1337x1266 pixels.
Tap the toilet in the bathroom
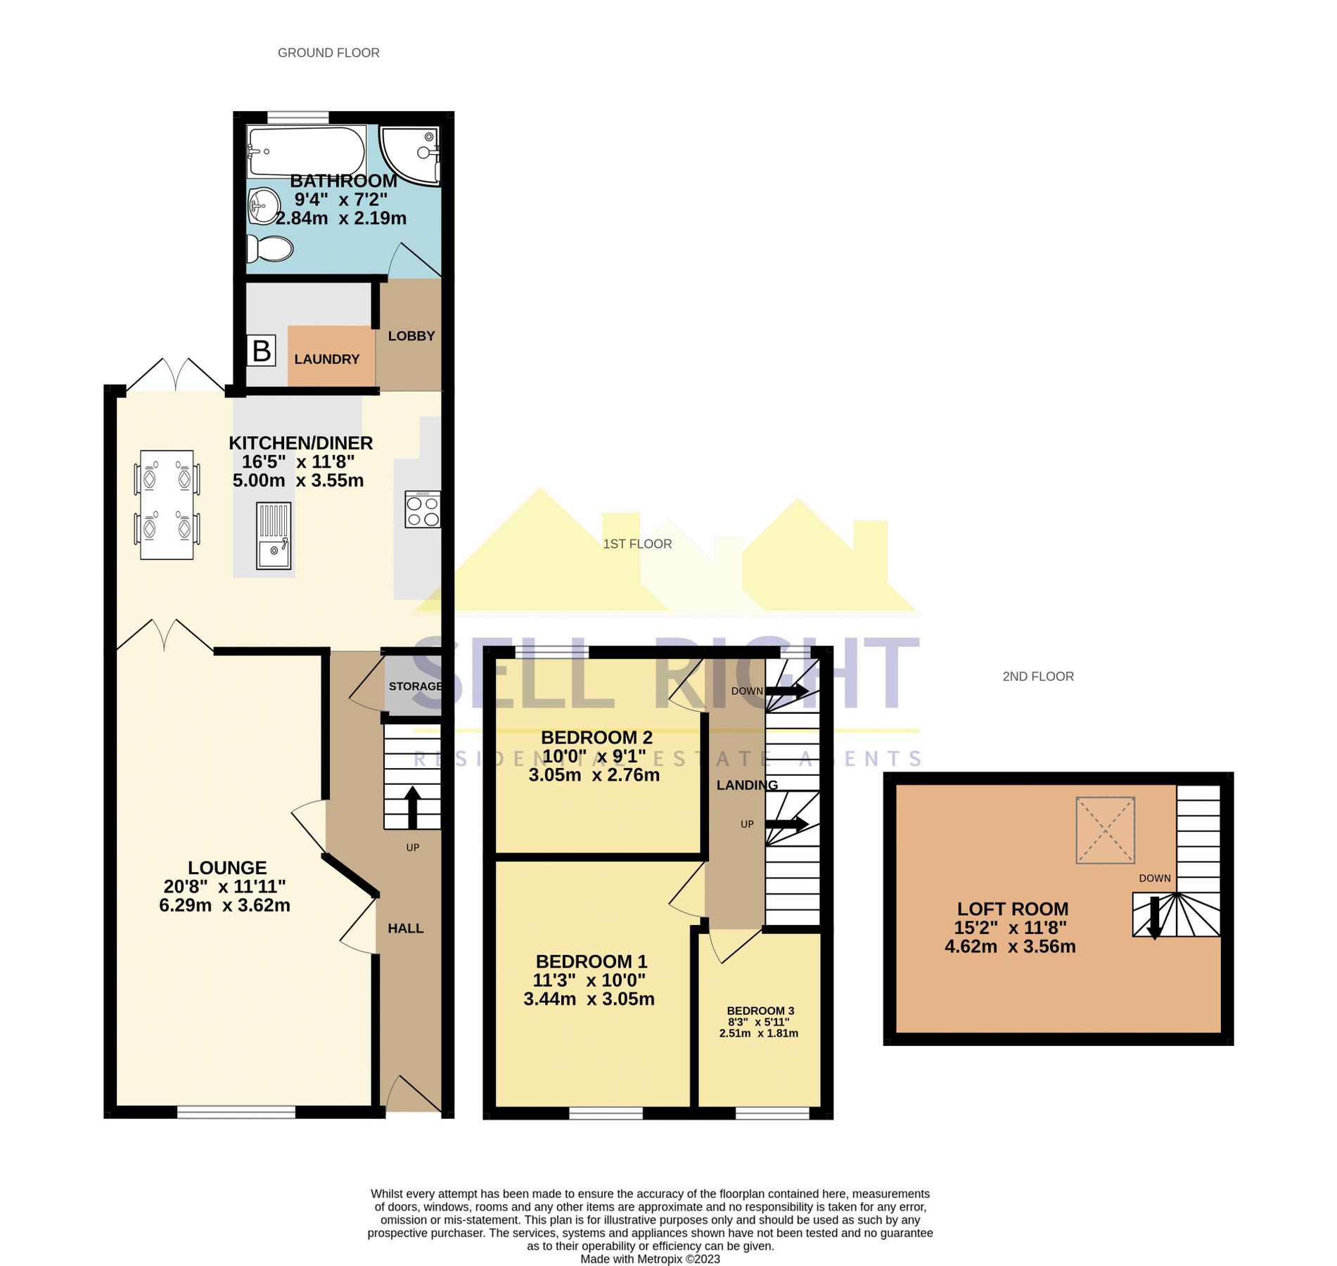coord(270,248)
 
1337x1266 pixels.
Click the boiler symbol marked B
coord(262,350)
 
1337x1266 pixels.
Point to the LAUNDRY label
coord(327,359)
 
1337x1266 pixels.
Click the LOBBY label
coord(411,336)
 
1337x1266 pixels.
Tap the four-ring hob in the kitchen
coord(423,510)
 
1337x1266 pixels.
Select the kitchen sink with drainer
coord(274,535)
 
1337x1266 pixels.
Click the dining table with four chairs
coord(167,505)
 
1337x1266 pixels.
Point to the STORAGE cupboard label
coord(415,686)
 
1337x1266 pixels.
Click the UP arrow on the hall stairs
coord(413,807)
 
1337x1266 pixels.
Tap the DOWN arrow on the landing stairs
coord(786,691)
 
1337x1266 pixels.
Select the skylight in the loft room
coord(1105,830)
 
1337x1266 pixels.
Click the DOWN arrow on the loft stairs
coord(1154,917)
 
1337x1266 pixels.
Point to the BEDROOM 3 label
coord(760,1011)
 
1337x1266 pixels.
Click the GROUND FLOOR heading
coord(328,53)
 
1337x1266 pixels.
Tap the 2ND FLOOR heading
coord(1038,677)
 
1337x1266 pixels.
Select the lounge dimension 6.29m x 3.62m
coord(224,906)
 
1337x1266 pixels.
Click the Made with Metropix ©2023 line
coord(650,1259)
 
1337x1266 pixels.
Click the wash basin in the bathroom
coord(263,205)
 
